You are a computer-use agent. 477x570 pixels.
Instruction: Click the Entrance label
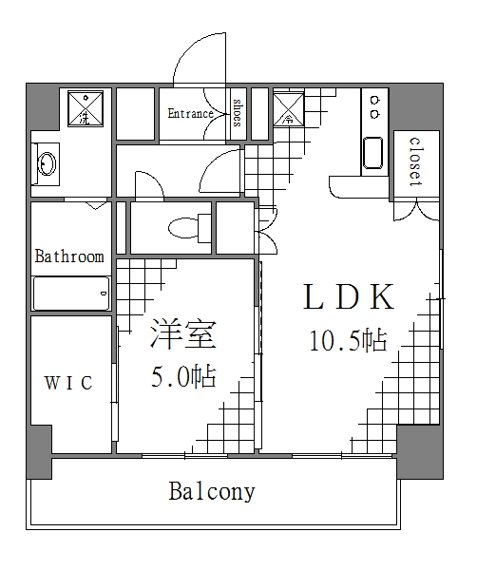190,114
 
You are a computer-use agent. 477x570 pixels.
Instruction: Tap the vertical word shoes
237,112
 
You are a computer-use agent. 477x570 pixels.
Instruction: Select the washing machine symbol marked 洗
85,109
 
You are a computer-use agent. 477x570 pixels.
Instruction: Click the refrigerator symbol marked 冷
288,109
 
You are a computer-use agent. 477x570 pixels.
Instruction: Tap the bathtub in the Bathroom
71,293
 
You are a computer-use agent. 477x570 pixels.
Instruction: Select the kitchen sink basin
372,154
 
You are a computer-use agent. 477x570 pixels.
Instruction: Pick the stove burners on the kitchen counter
372,106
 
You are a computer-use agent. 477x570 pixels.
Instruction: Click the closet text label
415,161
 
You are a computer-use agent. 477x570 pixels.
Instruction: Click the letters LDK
348,297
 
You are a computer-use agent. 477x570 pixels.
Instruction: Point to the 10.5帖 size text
348,340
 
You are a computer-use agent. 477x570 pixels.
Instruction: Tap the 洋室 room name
183,336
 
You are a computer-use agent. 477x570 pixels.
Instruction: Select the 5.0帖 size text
183,377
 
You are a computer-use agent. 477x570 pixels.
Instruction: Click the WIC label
69,383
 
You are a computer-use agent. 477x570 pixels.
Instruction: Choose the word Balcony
212,491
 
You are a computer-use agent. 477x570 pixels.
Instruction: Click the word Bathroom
69,256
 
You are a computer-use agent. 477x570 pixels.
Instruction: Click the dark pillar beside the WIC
39,452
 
